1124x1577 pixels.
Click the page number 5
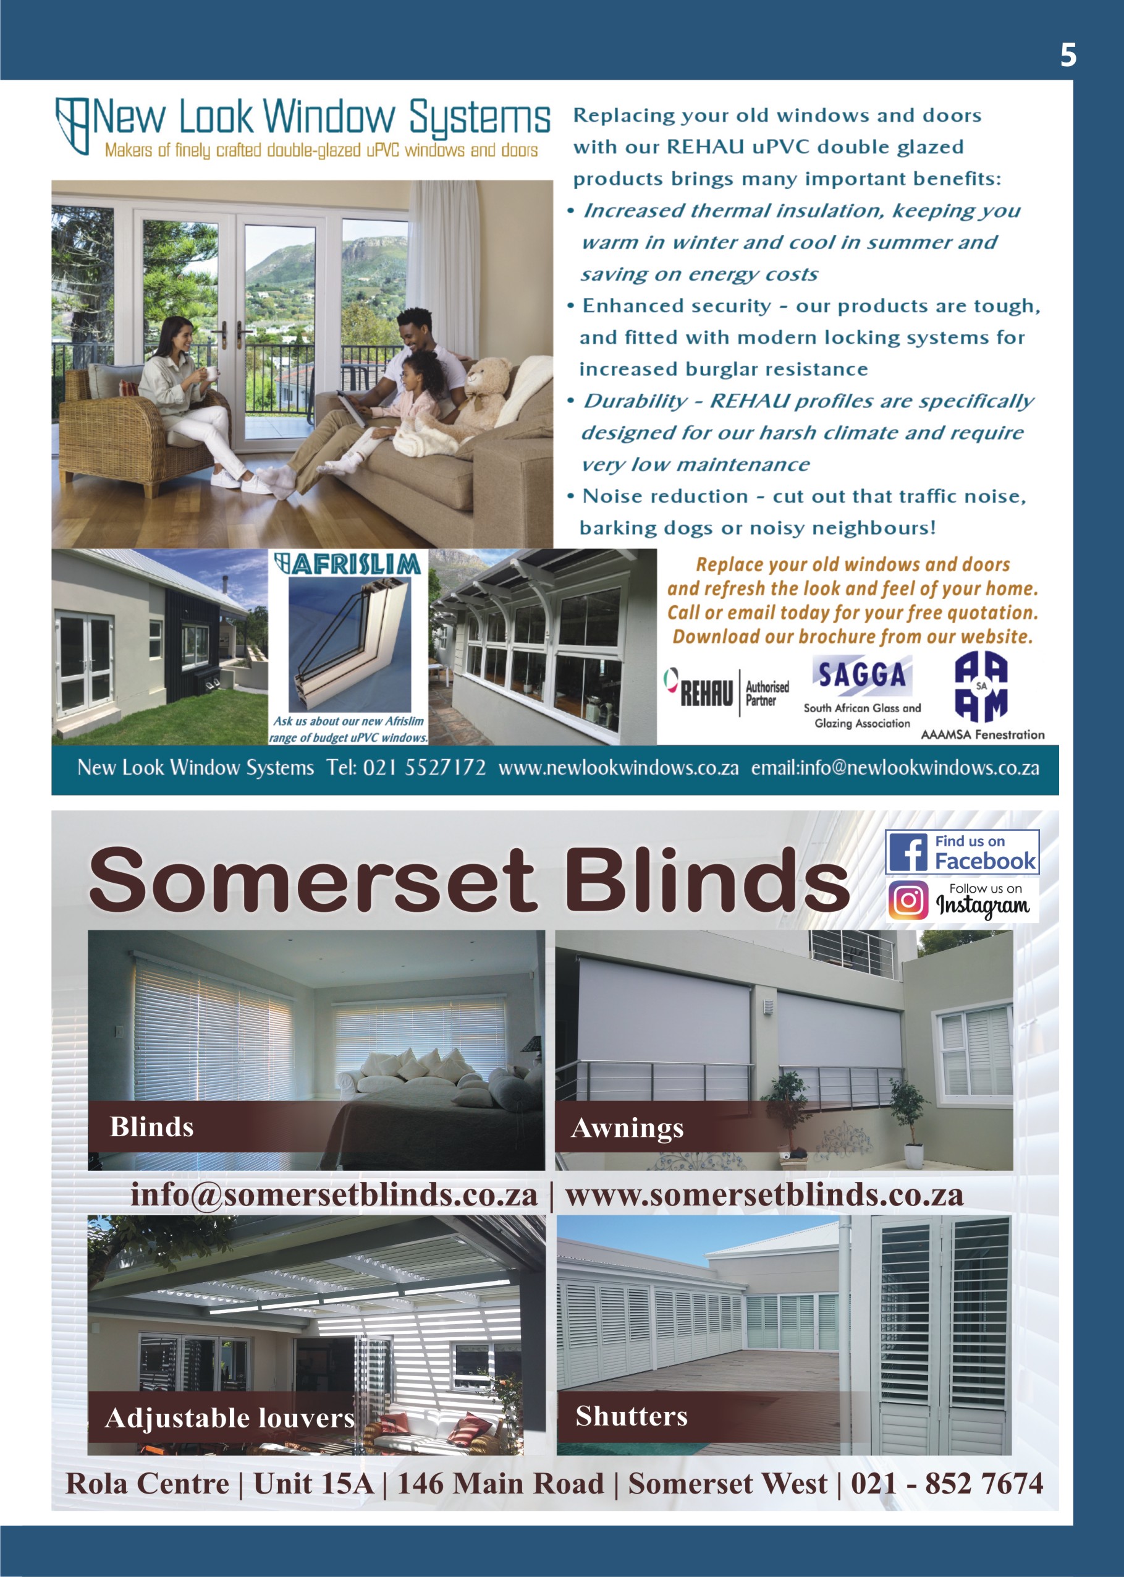coord(1068,54)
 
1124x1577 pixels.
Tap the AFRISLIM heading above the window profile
coord(347,564)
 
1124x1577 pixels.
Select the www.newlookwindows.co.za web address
coord(618,768)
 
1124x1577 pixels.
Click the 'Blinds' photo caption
coord(151,1127)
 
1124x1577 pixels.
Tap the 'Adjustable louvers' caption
coord(229,1418)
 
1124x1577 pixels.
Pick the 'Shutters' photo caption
coord(632,1416)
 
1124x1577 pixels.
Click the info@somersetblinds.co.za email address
coord(334,1194)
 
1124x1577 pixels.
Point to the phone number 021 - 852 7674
coord(947,1484)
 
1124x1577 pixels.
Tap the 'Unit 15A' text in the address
coord(313,1484)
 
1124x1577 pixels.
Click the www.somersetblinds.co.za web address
coord(764,1194)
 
